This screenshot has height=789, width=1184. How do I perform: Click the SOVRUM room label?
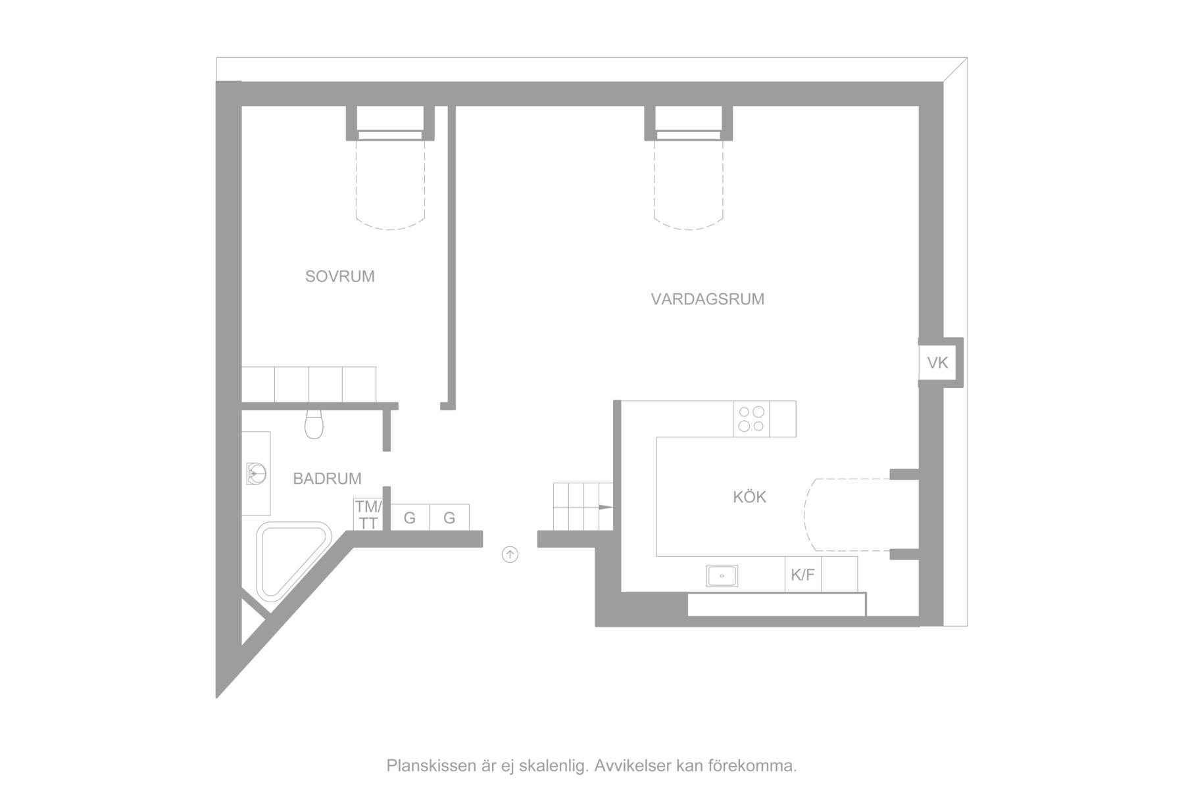pos(339,276)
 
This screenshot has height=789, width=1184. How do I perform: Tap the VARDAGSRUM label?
pos(708,299)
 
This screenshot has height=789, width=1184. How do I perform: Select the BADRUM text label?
pos(327,479)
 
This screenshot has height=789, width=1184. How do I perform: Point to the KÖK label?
pos(750,496)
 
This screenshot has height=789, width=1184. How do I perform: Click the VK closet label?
pos(937,362)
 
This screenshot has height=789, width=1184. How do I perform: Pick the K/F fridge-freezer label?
pos(802,575)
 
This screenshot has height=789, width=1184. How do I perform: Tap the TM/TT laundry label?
pos(368,515)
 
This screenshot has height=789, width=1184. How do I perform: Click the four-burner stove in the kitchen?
pos(752,419)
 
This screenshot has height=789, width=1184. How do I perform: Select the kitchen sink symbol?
pos(722,575)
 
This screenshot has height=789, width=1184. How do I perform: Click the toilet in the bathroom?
pos(314,424)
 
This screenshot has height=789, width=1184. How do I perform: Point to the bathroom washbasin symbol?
pos(256,473)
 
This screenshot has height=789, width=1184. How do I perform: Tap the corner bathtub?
pos(293,559)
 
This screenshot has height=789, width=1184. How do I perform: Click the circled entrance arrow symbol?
pos(510,555)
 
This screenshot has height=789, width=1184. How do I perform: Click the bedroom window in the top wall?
pos(390,135)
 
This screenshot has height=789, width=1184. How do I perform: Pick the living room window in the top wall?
pos(689,135)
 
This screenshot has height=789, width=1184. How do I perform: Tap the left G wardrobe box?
pos(410,517)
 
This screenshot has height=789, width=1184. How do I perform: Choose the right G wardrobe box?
pos(449,517)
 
